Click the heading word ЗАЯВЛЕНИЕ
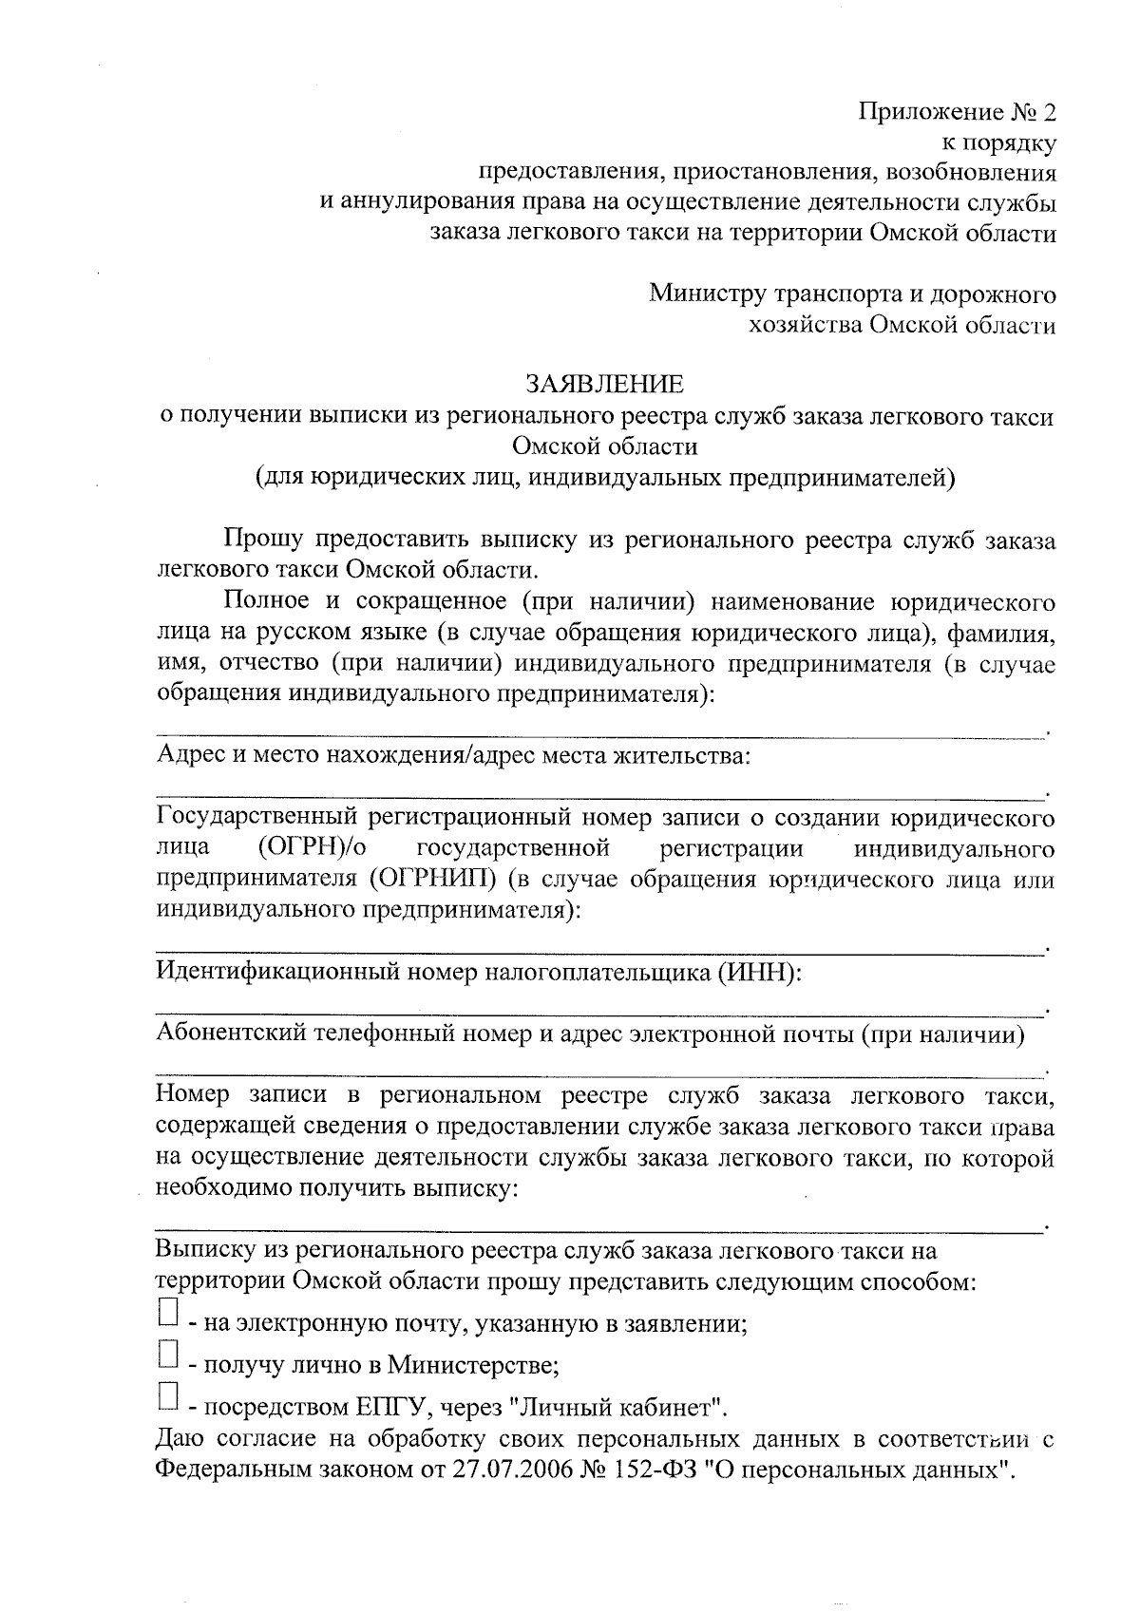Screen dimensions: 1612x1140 (x=605, y=385)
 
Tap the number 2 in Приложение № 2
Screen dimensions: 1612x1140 (x=1048, y=113)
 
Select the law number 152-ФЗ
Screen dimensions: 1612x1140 (x=664, y=1470)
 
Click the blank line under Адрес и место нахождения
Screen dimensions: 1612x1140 (x=598, y=790)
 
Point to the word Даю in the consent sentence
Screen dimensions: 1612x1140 (x=181, y=1438)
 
